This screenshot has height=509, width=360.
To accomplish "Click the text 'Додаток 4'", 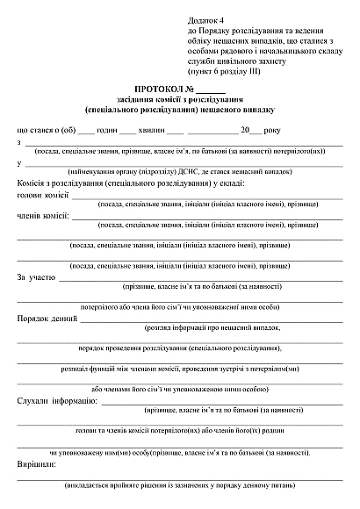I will (x=206, y=18).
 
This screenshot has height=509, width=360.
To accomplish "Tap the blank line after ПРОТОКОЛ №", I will (x=211, y=91).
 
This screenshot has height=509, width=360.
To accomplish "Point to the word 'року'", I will (x=271, y=129).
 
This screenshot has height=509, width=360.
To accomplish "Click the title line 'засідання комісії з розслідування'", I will (x=180, y=101).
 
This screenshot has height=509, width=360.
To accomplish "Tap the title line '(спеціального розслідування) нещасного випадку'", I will (x=180, y=111).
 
